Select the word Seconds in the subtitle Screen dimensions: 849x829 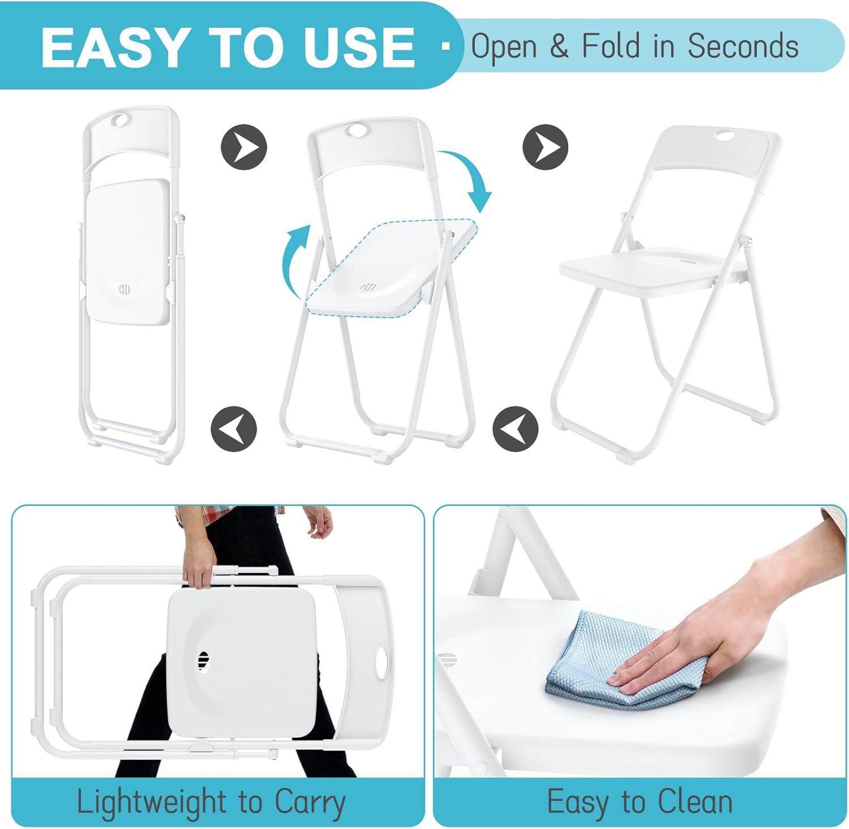[743, 46]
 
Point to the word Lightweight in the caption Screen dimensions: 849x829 [152, 802]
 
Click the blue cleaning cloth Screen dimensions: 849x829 [623, 659]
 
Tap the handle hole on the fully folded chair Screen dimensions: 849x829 [120, 120]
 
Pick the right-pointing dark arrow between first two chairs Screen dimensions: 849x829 [243, 147]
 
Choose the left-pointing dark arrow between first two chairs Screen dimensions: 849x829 [234, 428]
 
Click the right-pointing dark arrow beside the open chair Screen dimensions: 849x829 [545, 147]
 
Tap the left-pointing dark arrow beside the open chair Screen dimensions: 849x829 [515, 428]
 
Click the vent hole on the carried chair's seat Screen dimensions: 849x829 [203, 660]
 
